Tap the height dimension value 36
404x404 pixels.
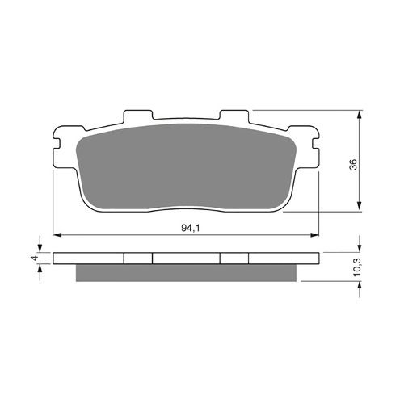[352, 164]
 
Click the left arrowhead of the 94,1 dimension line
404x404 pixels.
[57, 235]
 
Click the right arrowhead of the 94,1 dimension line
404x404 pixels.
[314, 235]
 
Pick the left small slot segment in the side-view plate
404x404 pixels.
[137, 259]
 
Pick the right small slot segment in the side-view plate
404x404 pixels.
[234, 259]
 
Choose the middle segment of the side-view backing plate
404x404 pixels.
[186, 259]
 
